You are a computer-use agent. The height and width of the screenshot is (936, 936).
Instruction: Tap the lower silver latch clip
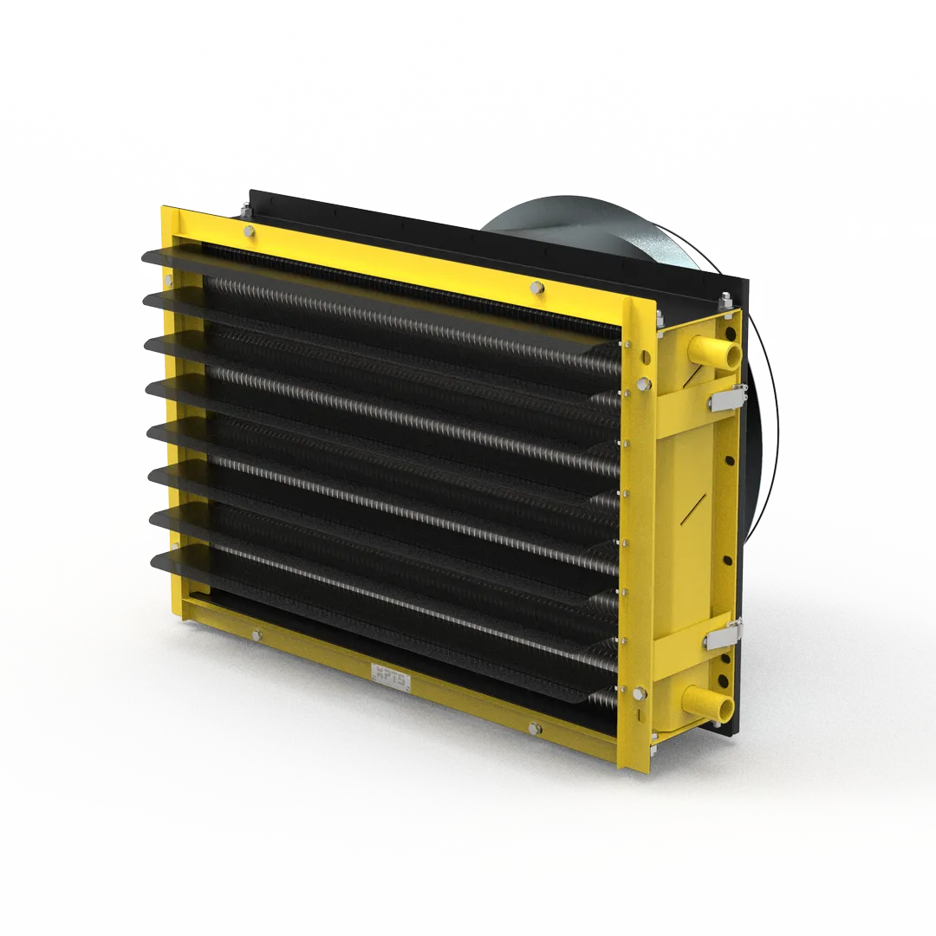click(722, 638)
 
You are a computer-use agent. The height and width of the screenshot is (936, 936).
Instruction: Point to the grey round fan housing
click(572, 230)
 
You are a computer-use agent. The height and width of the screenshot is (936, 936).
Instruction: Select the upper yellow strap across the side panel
click(693, 419)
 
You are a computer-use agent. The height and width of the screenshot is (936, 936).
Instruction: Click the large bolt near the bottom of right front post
click(640, 693)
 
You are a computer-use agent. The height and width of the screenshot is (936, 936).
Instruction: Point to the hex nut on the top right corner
click(723, 300)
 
